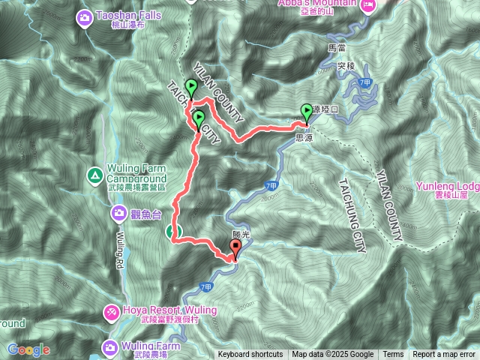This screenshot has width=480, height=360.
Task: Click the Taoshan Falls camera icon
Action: (x=85, y=16)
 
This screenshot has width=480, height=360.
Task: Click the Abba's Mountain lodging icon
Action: (x=367, y=7)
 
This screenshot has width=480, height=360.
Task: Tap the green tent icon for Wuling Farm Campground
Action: (x=95, y=176)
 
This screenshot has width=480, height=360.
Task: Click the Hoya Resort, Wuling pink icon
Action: (x=110, y=310)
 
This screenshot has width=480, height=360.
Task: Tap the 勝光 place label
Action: (x=240, y=235)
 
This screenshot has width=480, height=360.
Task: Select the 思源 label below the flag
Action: (x=304, y=137)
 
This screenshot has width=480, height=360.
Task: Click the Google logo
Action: (x=29, y=349)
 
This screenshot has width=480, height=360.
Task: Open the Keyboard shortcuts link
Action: (x=250, y=355)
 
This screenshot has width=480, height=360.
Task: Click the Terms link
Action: (x=393, y=355)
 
